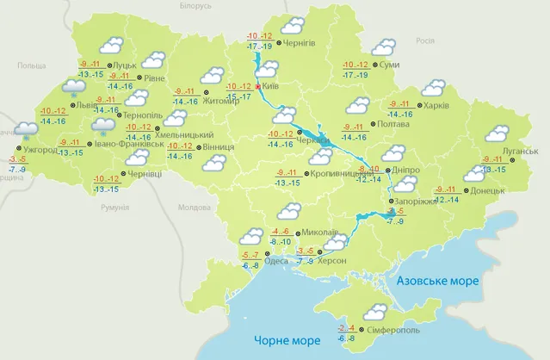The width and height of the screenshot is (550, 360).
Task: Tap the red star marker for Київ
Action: [258, 87]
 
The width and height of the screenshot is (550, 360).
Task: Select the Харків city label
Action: [434, 107]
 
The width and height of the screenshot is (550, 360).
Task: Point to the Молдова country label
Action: [193, 208]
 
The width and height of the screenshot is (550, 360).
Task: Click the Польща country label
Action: [55, 65]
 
